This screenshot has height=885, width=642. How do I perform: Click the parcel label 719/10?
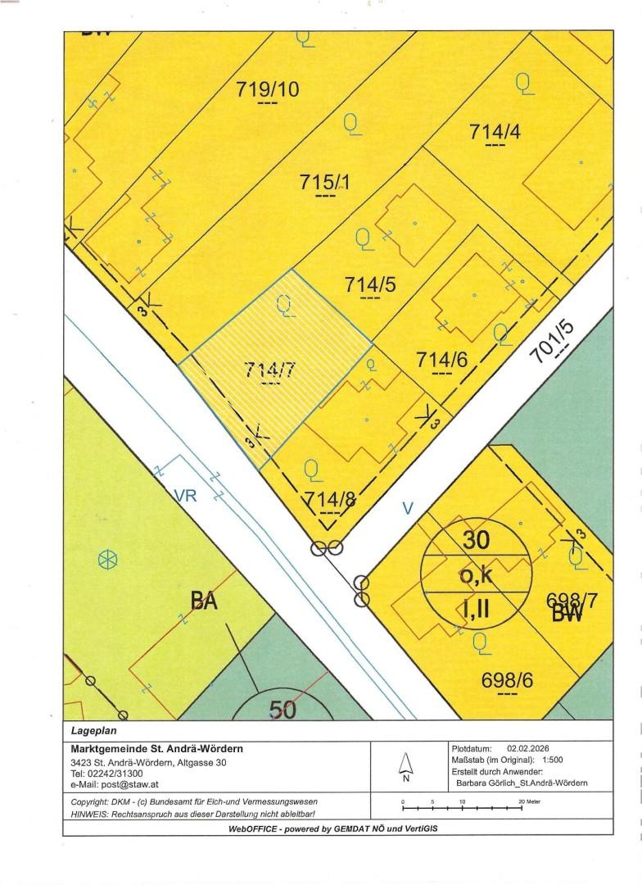point(268,89)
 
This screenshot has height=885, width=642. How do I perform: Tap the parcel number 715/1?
point(325,183)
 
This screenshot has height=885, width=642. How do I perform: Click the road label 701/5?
point(563,339)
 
